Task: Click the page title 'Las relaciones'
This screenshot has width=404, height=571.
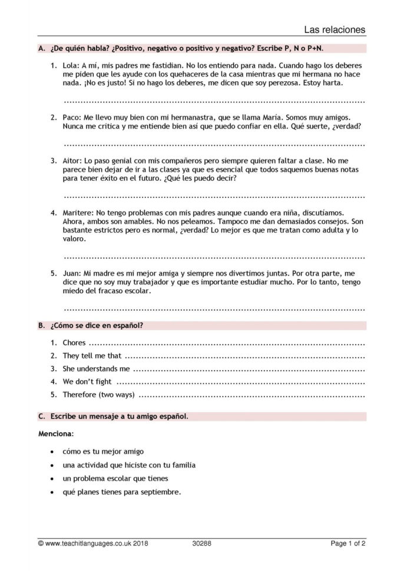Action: pos(335,29)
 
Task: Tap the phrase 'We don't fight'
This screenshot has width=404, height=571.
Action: pos(87,381)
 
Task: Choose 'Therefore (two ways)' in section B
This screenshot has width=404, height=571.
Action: pos(99,394)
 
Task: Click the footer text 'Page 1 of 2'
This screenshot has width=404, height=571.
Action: pos(348,544)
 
